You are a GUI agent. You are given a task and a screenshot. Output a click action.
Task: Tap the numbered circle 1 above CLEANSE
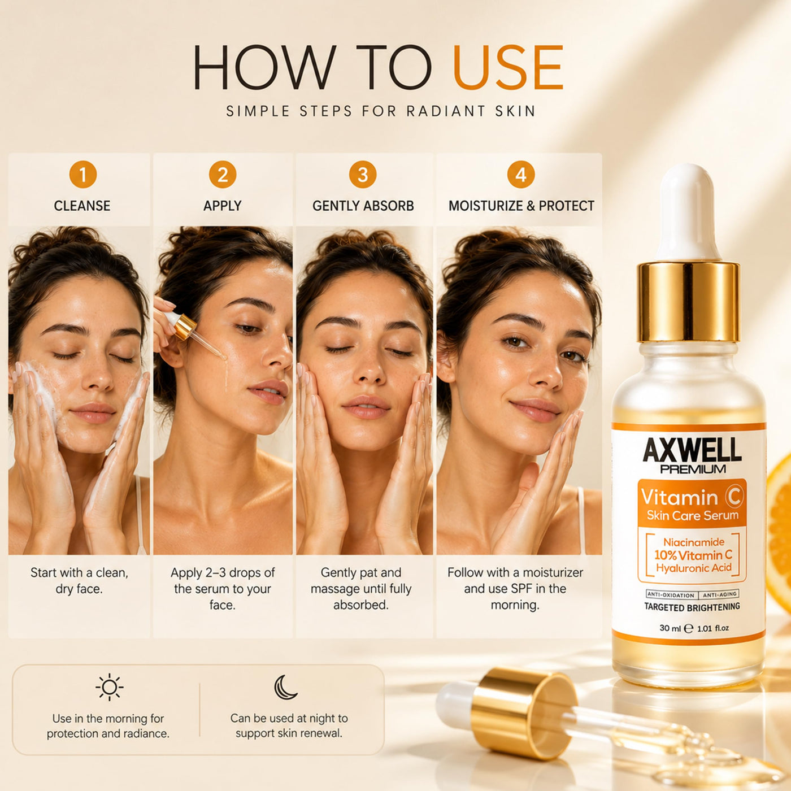click(x=83, y=175)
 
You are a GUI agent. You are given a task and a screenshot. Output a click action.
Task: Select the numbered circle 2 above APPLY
click(x=223, y=175)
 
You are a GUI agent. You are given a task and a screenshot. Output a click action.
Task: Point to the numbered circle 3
click(x=363, y=175)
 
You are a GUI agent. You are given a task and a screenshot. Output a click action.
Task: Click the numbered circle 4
click(x=521, y=175)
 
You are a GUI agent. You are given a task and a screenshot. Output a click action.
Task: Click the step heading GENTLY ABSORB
click(x=363, y=206)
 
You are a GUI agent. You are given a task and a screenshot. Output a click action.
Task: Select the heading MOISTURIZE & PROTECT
click(x=521, y=206)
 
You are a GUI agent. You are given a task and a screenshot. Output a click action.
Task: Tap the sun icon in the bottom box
click(x=109, y=686)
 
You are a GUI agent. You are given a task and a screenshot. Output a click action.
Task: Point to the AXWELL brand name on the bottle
click(x=692, y=451)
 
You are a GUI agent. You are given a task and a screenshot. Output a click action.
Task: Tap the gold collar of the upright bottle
click(x=688, y=302)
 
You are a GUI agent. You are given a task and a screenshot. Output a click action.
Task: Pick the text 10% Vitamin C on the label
click(x=693, y=555)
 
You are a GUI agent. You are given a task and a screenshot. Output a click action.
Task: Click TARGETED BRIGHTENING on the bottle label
click(x=692, y=607)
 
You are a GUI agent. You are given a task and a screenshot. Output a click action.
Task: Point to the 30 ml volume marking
click(x=670, y=628)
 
